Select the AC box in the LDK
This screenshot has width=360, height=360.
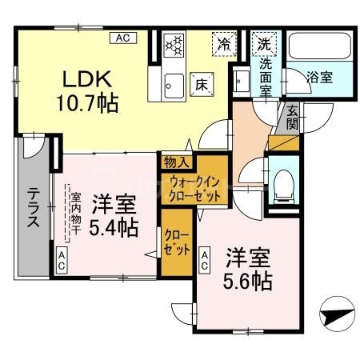[x=124, y=38]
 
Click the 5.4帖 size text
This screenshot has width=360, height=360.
[x=113, y=228]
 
